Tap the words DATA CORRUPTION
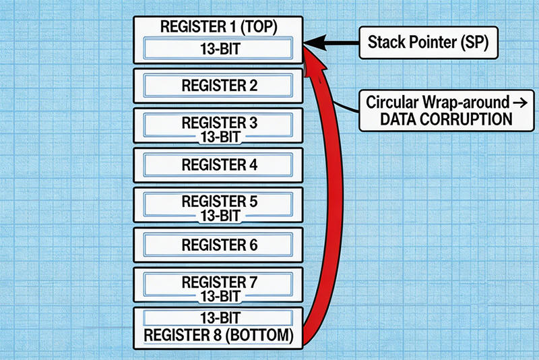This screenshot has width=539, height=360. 433,119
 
